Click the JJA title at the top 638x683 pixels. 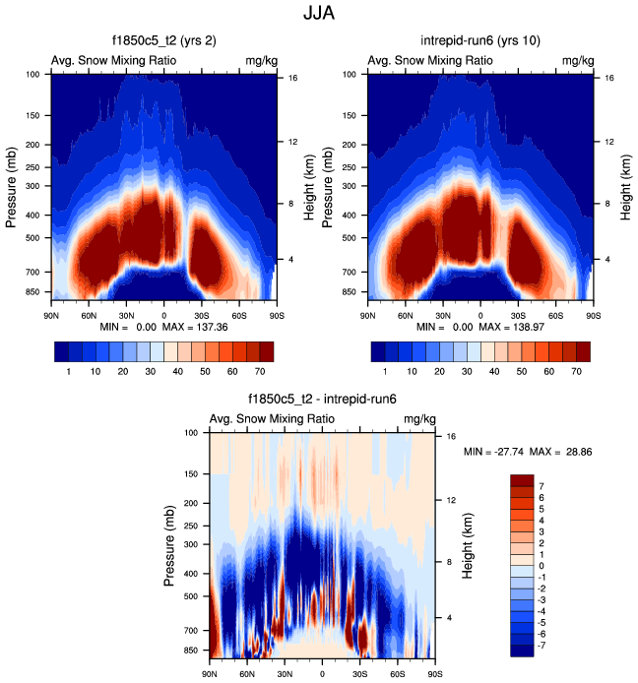coord(318,16)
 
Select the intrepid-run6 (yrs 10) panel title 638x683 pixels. coord(480,42)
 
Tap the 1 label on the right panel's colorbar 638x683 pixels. coord(385,374)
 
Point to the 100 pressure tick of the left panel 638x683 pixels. coord(32,74)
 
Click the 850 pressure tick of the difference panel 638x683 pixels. coord(192,651)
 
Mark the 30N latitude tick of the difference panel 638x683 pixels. coord(285,674)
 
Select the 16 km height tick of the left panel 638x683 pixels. coord(292,78)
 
